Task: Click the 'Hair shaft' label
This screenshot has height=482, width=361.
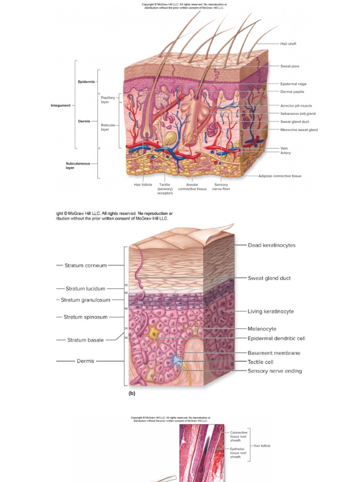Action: coord(288,44)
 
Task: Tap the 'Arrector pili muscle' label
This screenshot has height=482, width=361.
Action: coord(296,106)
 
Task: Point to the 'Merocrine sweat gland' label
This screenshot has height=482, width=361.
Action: coord(299,130)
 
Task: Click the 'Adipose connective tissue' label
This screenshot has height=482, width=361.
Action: coord(280,176)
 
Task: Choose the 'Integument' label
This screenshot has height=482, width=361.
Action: coord(61,105)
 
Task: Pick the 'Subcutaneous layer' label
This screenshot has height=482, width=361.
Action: coord(74,166)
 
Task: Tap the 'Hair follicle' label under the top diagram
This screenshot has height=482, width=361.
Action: coord(143,185)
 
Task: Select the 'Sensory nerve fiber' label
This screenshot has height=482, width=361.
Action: coord(221,187)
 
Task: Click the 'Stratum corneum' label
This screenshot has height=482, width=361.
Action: coord(86,265)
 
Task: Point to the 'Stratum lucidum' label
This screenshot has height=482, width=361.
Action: coord(86,289)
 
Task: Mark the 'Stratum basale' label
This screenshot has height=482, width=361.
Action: coord(86,340)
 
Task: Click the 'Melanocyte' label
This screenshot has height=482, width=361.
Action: coord(262,329)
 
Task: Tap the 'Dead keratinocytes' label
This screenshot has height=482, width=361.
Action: coord(272,245)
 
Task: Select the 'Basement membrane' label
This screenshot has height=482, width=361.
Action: coord(274,353)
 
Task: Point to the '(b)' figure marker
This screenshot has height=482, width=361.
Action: coord(132,394)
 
